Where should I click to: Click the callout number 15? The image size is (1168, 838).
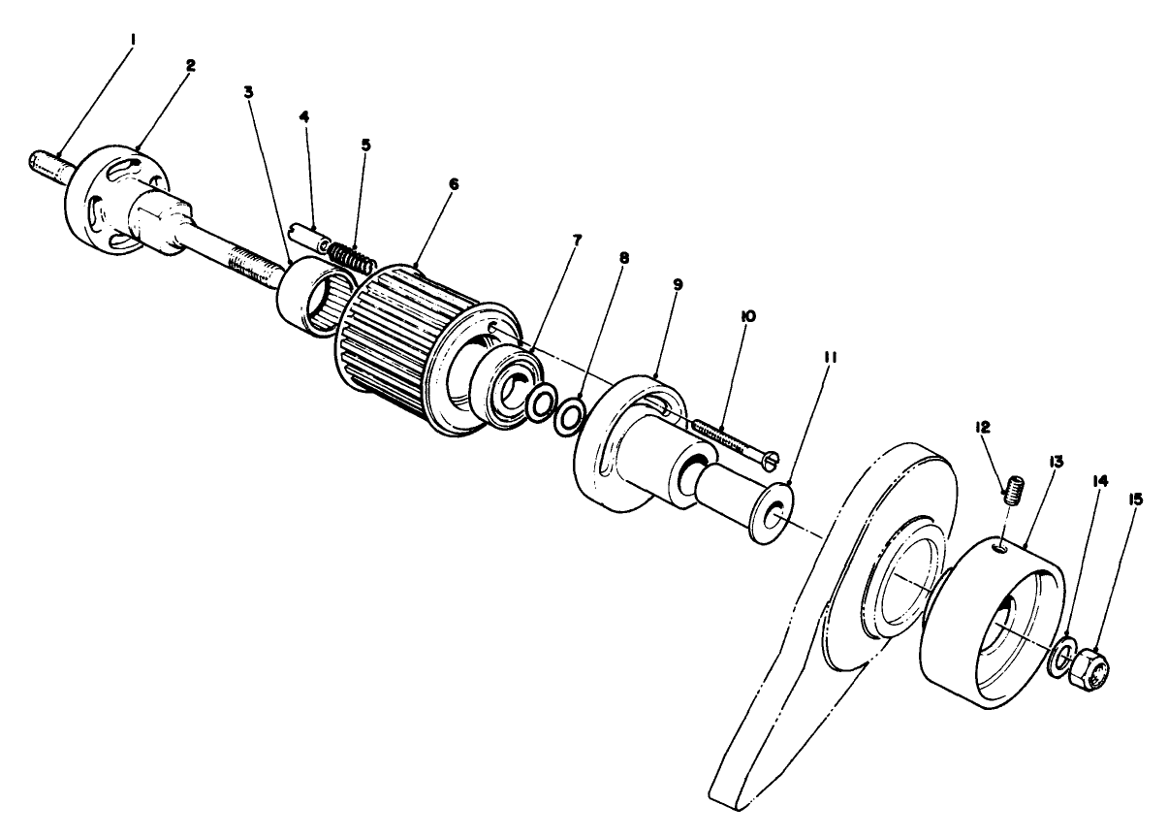click(x=1136, y=500)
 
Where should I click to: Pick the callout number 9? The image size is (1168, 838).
click(x=678, y=284)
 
